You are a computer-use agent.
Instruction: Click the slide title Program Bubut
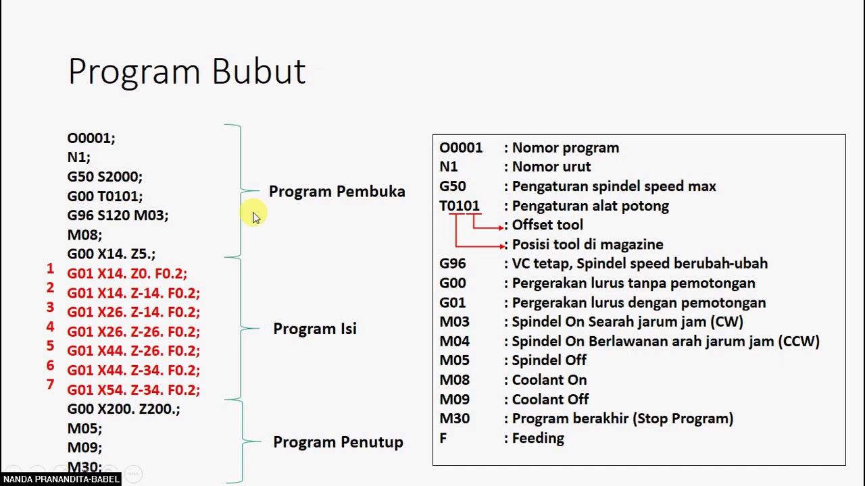coord(187,72)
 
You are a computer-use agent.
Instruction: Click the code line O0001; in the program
coord(91,138)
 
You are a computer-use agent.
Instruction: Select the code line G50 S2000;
coord(105,177)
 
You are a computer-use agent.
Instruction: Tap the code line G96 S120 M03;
coord(118,215)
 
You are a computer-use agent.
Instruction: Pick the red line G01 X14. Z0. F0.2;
coord(126,274)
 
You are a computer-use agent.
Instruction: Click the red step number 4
coord(50,327)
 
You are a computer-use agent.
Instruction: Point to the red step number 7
coord(50,385)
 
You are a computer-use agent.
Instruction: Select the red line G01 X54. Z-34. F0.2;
coord(133,390)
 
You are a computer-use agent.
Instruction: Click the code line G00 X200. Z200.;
coord(124,409)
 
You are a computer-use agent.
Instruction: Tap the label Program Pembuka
coord(337,192)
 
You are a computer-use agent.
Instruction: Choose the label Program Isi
coord(314,329)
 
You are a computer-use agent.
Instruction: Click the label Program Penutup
coord(338,442)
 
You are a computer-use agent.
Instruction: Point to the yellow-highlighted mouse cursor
coord(255,216)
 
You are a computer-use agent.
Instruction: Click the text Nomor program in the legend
coord(565,148)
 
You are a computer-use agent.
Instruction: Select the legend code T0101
coord(460,206)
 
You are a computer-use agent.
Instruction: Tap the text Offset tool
coord(547,225)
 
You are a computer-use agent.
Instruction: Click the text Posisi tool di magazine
coord(587,244)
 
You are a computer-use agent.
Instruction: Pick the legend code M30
coord(454,418)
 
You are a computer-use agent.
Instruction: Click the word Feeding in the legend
coord(538,438)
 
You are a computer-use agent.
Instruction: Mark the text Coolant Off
coord(550,400)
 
